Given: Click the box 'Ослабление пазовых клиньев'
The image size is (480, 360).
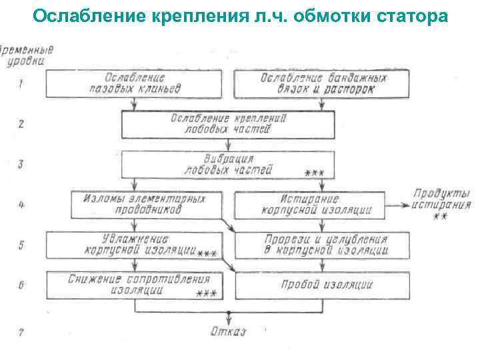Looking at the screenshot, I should [133, 84].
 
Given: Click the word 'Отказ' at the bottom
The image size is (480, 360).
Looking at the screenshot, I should [228, 331].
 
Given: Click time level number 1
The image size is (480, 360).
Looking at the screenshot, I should [21, 84].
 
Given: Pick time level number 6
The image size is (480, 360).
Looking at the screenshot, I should [21, 285].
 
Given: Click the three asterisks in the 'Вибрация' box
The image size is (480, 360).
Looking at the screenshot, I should [314, 173].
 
